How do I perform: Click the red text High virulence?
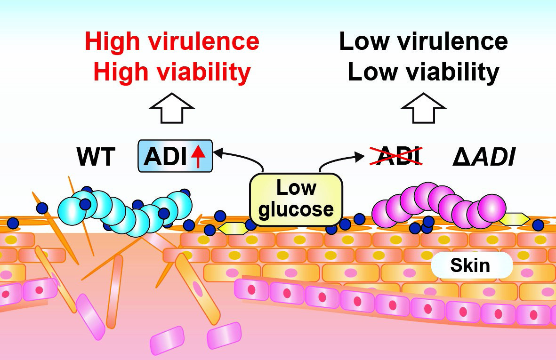[x=172, y=42]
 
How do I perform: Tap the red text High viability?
[x=172, y=72]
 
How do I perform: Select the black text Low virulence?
[x=423, y=42]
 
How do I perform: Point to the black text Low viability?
[x=423, y=72]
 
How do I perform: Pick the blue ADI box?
[x=175, y=156]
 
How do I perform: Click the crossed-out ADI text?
[x=395, y=155]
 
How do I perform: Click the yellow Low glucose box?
[x=296, y=198]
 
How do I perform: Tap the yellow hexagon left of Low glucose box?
[x=233, y=229]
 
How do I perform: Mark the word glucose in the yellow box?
[x=296, y=209]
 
